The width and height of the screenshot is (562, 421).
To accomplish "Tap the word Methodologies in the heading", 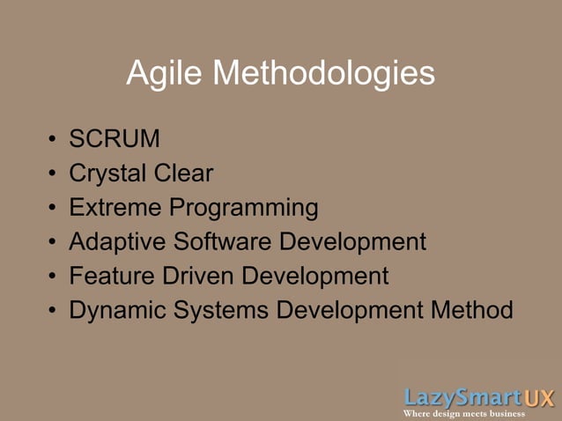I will [x=323, y=73].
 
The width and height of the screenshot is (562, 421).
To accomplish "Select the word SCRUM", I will [x=115, y=139].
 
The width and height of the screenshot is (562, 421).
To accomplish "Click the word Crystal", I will [x=107, y=174].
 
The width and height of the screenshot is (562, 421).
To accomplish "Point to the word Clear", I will [x=183, y=174].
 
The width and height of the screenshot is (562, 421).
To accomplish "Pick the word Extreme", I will [x=115, y=208].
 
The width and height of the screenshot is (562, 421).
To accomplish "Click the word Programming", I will [x=244, y=209].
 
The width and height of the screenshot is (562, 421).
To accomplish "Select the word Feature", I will [x=112, y=276].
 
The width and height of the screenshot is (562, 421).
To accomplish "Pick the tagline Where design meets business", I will [x=464, y=414].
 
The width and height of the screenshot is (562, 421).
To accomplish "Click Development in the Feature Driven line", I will [x=315, y=277].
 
